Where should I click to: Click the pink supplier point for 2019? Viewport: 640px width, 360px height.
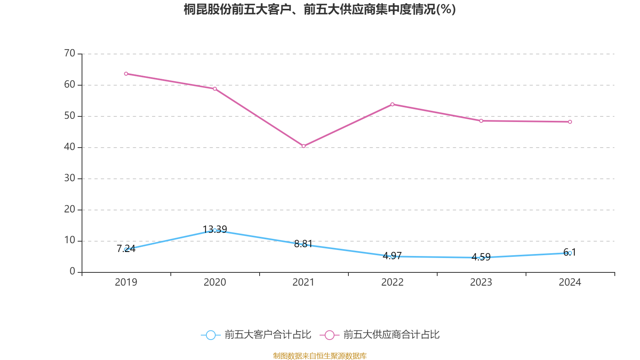point(126,74)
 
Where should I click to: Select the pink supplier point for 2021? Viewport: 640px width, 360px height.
point(304,146)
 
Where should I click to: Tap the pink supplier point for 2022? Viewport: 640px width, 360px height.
point(392,104)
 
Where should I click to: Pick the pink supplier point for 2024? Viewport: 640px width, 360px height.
point(570,122)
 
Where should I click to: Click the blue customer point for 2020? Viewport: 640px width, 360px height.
point(215,230)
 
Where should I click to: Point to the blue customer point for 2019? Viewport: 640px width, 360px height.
point(126,250)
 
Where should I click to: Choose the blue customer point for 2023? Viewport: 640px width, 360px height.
point(481,258)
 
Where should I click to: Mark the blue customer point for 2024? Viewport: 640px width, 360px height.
point(570,253)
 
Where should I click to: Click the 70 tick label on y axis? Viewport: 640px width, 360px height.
point(70,53)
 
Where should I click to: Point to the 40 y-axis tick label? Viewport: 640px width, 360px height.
point(70,147)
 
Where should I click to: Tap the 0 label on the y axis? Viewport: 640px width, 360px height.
point(72,272)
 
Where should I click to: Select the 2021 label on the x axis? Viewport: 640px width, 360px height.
point(304,282)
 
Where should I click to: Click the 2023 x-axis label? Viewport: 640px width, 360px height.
point(481,282)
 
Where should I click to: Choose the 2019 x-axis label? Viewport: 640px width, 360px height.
point(126,282)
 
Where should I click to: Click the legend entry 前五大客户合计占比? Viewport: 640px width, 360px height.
point(267,335)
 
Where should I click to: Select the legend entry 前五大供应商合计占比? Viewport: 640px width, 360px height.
point(391,335)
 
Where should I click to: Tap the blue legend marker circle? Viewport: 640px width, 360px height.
point(210,335)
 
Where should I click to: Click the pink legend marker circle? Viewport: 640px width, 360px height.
point(329,335)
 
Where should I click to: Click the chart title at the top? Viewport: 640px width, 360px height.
point(320,9)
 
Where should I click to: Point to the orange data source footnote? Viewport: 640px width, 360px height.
point(320,356)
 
